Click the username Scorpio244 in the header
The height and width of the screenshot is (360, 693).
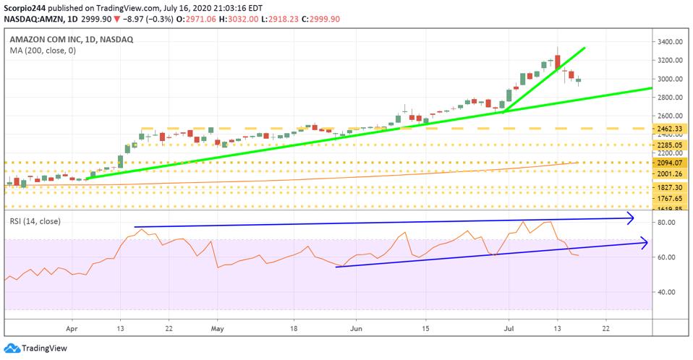(27, 8)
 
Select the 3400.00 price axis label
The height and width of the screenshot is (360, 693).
(671, 42)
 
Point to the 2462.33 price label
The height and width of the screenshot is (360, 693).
(671, 128)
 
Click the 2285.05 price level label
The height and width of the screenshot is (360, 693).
(671, 145)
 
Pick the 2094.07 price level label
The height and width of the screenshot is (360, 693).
(671, 163)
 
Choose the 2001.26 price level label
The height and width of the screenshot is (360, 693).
(671, 173)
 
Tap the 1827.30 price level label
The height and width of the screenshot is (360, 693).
(671, 187)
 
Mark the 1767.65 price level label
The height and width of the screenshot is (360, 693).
(671, 198)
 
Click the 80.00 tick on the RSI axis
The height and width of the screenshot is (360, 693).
(667, 223)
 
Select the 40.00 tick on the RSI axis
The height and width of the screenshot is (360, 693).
(667, 292)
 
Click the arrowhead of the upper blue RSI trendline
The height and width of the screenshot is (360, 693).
(630, 217)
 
